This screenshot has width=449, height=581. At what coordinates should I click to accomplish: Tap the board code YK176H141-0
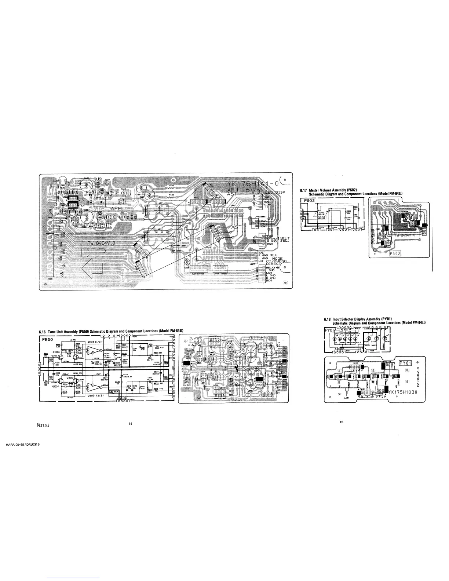click(253, 183)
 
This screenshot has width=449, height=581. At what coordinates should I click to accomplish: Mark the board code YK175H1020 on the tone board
click(261, 338)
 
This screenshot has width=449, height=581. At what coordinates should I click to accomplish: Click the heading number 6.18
click(328, 319)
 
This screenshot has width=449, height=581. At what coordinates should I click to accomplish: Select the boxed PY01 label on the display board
click(406, 363)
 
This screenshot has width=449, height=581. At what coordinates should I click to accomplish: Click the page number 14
click(130, 424)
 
